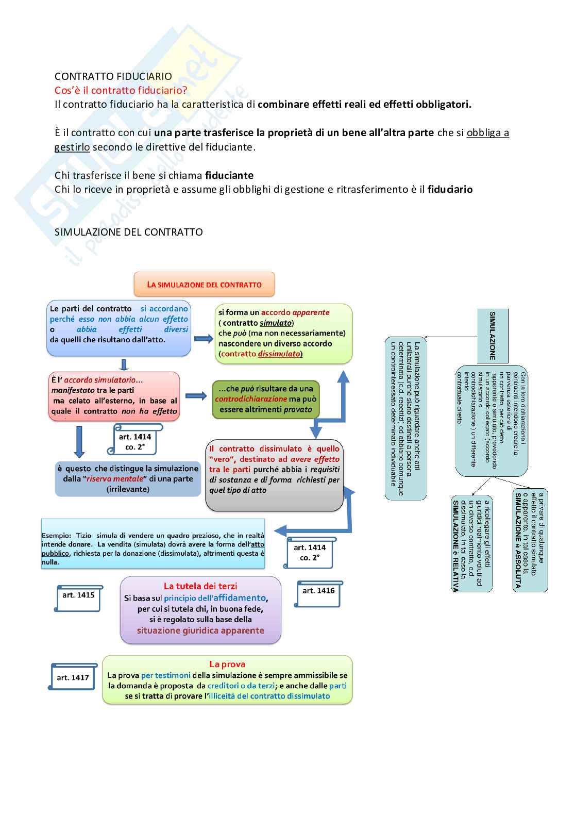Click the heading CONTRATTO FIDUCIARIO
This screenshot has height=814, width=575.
click(113, 77)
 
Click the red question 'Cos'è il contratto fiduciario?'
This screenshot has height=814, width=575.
click(121, 91)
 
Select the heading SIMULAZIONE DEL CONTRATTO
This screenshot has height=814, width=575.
click(129, 232)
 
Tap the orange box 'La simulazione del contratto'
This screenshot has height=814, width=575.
click(204, 285)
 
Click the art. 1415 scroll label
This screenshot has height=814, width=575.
click(78, 597)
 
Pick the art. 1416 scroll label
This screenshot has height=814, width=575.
click(318, 593)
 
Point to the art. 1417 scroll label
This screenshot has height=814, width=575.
click(73, 677)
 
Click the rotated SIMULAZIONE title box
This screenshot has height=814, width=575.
click(492, 336)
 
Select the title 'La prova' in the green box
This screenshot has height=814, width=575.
click(227, 664)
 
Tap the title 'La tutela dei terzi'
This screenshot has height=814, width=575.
click(200, 586)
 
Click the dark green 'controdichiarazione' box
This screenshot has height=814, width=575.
click(266, 399)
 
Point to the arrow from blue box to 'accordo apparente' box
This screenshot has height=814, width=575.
click(204, 339)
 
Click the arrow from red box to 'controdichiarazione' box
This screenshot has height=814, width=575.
click(196, 396)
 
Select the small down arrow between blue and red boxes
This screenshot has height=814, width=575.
click(124, 365)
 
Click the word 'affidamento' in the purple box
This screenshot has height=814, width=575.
click(240, 598)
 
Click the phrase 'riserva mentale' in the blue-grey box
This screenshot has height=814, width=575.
click(114, 479)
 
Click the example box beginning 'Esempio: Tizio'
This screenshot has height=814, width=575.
click(153, 544)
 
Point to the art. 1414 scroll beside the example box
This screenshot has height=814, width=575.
click(310, 553)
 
